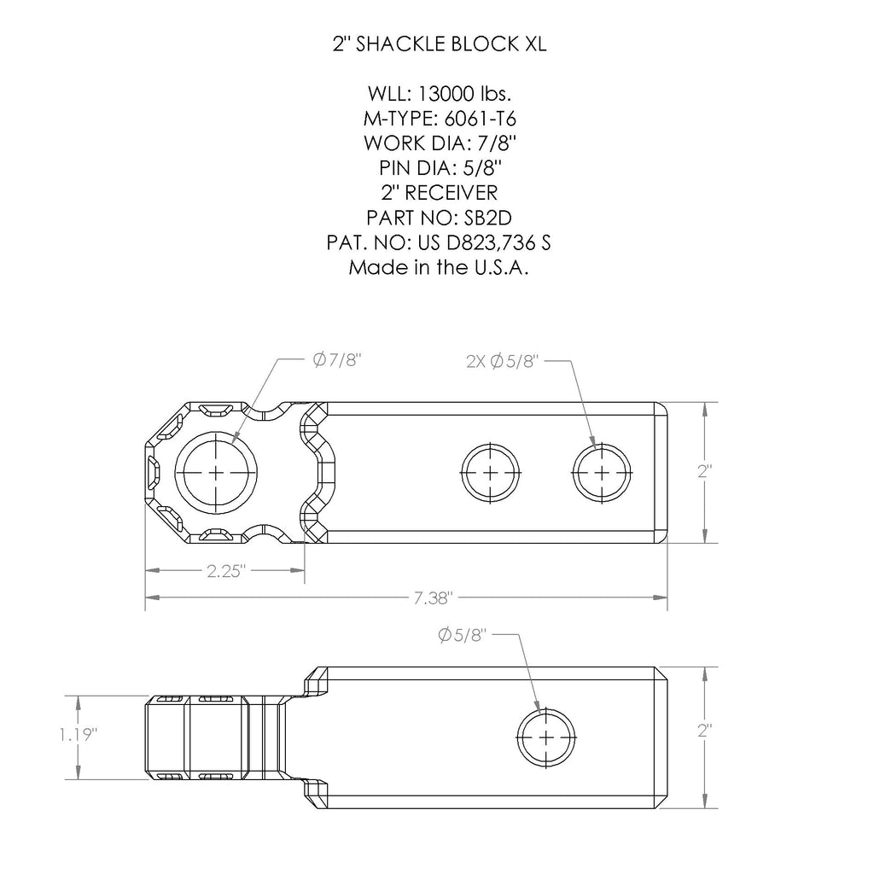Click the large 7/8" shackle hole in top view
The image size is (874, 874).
pyautogui.click(x=217, y=472)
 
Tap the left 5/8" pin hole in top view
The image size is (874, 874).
pyautogui.click(x=491, y=472)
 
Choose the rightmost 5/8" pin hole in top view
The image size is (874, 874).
pyautogui.click(x=603, y=472)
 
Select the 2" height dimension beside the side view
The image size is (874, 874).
pyautogui.click(x=704, y=731)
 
